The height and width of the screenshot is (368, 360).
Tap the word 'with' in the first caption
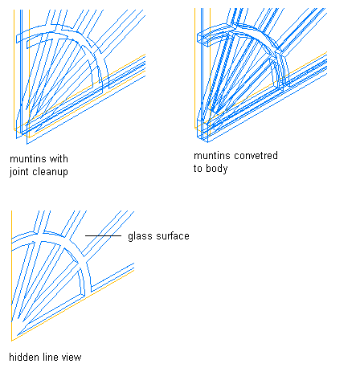(59, 159)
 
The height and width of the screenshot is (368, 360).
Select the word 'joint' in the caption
(19, 172)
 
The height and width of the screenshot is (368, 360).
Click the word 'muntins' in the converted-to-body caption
(207, 156)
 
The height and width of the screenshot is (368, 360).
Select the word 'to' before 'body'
(198, 169)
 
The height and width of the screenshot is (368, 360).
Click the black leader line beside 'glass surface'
(103, 235)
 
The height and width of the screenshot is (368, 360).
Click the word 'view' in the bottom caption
(72, 357)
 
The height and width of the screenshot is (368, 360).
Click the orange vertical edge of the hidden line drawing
(12, 276)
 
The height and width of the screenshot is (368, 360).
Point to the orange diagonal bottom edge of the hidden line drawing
(73, 305)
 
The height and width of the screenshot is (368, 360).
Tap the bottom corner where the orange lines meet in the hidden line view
(12, 341)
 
